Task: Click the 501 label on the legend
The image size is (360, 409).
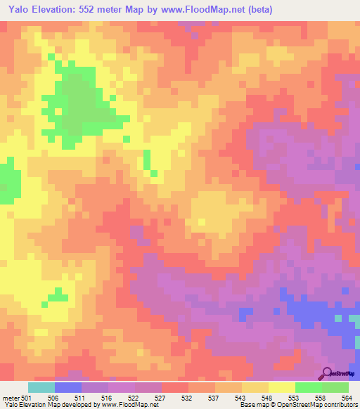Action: pos(27,397)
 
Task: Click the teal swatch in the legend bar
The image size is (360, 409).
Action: pos(41,387)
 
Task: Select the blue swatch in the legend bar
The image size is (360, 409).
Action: pos(68,387)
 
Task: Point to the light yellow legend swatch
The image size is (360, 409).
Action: pos(282,387)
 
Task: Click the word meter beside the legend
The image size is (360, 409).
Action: pos(11,397)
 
